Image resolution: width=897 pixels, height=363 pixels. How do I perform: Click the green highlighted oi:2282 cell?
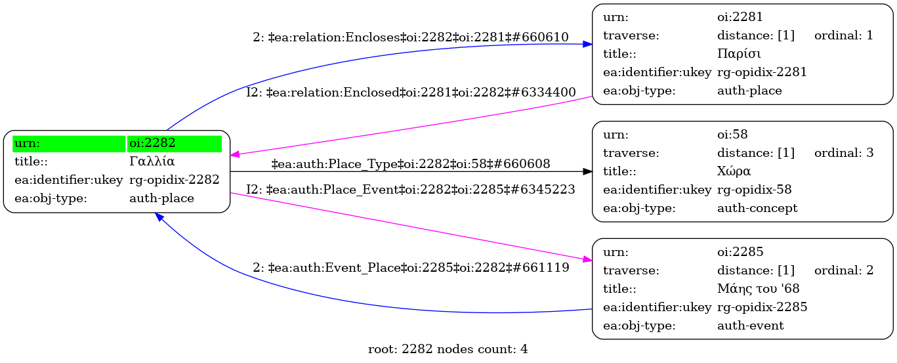point(174,144)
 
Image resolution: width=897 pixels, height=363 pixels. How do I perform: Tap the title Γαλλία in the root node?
point(152,161)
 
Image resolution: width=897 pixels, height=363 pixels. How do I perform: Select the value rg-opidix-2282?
point(174,179)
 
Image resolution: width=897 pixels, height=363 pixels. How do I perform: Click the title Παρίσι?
point(739,54)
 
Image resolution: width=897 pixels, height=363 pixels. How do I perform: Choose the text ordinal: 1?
point(843,35)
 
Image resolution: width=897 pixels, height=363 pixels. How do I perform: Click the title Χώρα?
point(734,171)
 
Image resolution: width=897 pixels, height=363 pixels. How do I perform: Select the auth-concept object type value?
point(757,208)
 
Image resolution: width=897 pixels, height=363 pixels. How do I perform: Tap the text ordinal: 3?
point(844,153)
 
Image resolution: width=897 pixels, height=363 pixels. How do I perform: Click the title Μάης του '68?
point(758,288)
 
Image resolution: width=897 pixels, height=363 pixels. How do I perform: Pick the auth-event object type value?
point(750,326)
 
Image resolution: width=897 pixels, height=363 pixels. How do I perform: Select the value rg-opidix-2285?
point(762,307)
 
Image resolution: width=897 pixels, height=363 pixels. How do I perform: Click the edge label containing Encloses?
point(411,37)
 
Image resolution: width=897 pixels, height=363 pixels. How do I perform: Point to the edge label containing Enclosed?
point(411,93)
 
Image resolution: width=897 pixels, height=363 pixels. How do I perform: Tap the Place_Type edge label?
point(411,164)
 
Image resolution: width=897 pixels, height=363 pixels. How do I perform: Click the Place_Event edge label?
point(411,190)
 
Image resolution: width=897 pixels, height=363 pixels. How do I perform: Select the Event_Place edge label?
point(411,267)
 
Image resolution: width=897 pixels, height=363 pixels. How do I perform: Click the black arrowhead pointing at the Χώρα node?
point(587,171)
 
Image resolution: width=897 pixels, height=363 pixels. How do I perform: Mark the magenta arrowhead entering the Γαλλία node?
point(235,154)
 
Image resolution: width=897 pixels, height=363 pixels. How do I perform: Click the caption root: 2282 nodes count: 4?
point(448,349)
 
